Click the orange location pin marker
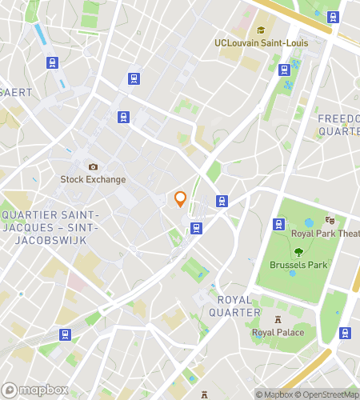pos(181,199)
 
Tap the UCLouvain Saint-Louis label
pos(251,44)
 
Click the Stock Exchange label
pos(94,179)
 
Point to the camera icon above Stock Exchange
pos(93,166)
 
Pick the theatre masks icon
pos(330,220)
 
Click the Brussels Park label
pos(298,264)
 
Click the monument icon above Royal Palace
pos(278,319)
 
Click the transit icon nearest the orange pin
pos(222,201)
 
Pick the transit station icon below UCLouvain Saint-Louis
pos(283,70)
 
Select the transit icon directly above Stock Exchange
pos(123,117)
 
